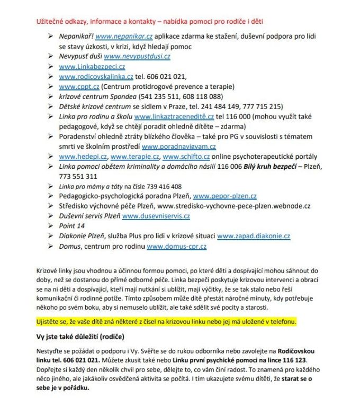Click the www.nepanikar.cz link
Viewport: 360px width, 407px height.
124,37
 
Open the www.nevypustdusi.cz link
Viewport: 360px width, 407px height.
137,56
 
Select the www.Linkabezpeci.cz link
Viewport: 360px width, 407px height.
92,67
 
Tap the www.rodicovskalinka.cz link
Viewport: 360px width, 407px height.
96,77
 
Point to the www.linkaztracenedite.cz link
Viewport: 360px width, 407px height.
174,116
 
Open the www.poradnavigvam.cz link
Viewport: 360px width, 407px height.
179,147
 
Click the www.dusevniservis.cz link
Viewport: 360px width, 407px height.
156,216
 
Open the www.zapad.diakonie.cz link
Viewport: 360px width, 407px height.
254,236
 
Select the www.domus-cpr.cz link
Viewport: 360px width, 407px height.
176,246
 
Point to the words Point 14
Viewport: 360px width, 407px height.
72,226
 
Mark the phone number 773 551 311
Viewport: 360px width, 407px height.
78,176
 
